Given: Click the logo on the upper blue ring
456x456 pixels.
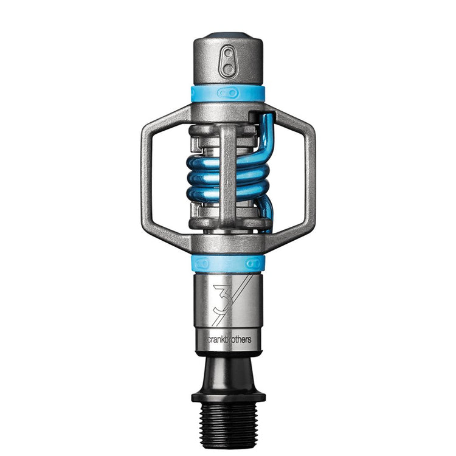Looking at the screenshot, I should point(228,93).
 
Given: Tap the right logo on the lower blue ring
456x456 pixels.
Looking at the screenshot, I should point(254,263).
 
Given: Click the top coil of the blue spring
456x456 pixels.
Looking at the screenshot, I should point(207,162).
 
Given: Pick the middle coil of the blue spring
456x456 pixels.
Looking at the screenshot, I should point(207,179).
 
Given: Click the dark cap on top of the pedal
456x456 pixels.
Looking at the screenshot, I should point(228,35).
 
